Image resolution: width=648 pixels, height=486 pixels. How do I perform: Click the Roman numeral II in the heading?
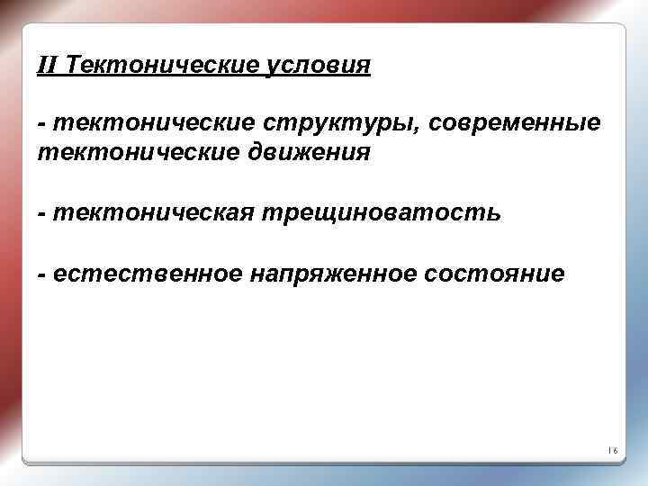pyautogui.click(x=48, y=65)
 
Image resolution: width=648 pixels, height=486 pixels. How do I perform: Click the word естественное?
pyautogui.click(x=146, y=274)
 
